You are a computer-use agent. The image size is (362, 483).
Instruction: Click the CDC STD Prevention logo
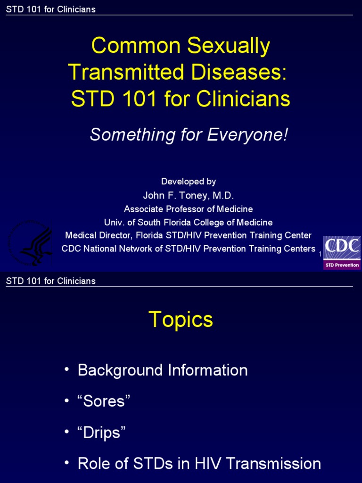coord(342,253)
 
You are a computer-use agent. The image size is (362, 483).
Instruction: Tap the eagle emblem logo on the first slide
coord(30,243)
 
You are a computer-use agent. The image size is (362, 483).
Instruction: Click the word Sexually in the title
coord(229,46)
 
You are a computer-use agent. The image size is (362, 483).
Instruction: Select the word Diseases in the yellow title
coord(239,72)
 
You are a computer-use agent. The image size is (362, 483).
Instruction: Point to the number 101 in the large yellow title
coord(140,99)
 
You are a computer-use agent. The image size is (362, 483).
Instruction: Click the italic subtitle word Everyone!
coord(247,134)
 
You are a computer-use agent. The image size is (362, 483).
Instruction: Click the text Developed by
coord(189,181)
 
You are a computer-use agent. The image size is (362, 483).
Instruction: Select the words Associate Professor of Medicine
coord(189,209)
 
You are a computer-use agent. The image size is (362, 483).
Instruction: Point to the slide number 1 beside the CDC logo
coord(320,254)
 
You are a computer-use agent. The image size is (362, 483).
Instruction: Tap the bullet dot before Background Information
coord(67,368)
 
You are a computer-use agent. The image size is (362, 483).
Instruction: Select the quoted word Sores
coord(104,401)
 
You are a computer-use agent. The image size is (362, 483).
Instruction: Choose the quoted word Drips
coord(102,433)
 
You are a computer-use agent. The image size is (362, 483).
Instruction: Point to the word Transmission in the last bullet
coord(273,463)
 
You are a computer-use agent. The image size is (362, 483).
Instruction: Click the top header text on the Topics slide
coord(51,281)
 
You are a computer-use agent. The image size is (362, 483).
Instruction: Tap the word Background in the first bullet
coord(120,370)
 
